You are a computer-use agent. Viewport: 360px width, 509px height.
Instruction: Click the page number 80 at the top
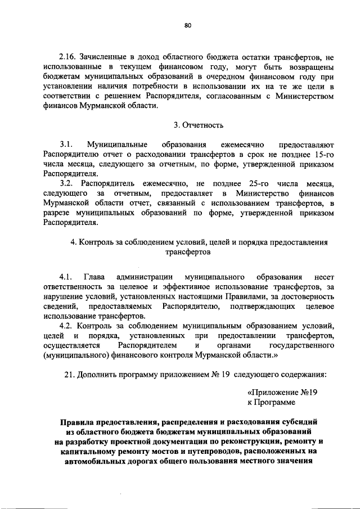click(x=188, y=25)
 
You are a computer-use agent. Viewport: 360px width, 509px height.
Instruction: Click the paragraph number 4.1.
click(x=66, y=277)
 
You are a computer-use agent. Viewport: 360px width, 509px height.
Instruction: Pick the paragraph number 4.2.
click(x=67, y=326)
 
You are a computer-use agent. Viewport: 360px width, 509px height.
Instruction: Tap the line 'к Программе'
click(x=271, y=403)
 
